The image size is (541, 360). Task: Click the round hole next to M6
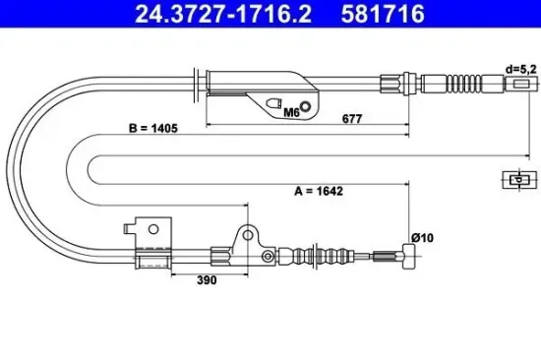306,107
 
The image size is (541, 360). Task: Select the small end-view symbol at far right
514,179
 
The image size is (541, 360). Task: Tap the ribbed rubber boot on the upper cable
467,83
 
